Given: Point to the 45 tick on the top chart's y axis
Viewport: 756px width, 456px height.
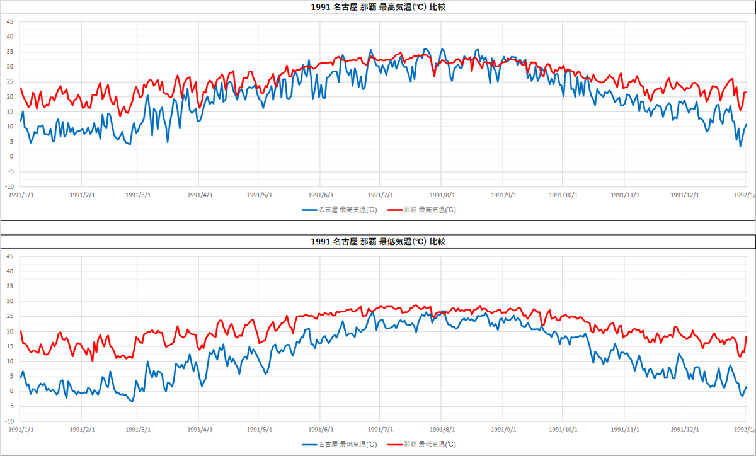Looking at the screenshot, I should [9, 21].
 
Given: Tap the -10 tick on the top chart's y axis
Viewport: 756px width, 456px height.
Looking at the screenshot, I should [9, 187].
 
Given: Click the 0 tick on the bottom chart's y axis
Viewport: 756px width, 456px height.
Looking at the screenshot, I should [11, 391].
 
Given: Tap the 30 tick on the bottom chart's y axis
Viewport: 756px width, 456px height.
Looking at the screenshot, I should [9, 301].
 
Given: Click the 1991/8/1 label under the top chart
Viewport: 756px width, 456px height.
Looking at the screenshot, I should [442, 195].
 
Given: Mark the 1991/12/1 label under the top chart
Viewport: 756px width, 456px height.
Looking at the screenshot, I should [685, 195].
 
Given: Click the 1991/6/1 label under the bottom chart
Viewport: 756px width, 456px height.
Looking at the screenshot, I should [321, 430].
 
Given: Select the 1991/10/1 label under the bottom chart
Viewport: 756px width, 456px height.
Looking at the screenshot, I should [564, 430].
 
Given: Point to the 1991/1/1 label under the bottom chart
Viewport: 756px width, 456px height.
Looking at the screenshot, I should [21, 430].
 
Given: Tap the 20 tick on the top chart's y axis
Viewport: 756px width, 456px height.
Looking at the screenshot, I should [9, 96].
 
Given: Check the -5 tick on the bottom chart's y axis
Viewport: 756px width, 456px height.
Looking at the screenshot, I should [9, 406].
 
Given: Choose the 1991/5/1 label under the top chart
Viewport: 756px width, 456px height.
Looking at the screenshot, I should [259, 195].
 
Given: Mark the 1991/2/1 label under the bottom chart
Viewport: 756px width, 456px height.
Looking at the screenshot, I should [82, 430].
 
